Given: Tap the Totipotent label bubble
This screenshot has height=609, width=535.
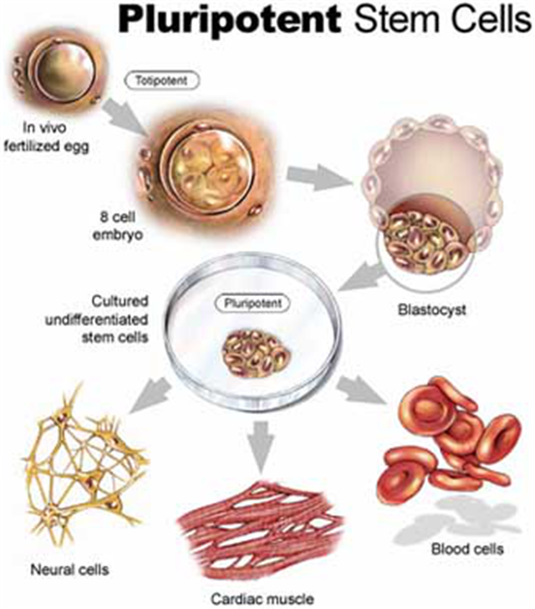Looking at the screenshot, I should (x=158, y=82).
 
